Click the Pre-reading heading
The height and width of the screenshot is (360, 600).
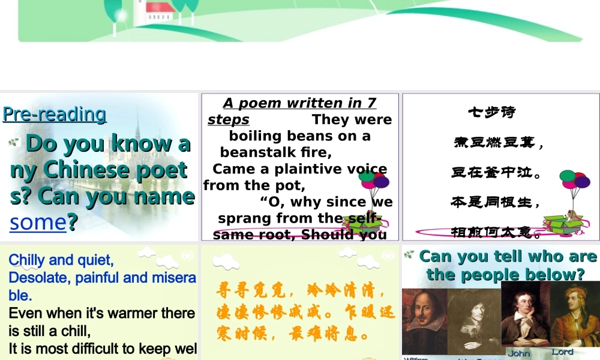click(x=54, y=113)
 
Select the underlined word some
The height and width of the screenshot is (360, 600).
click(x=37, y=222)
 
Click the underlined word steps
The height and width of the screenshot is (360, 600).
click(x=228, y=119)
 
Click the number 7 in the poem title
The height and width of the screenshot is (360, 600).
click(x=371, y=103)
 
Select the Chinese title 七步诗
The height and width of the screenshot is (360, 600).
click(x=491, y=112)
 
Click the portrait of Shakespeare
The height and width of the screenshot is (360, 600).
click(x=425, y=321)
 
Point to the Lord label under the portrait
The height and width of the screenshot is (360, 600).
click(x=562, y=352)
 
